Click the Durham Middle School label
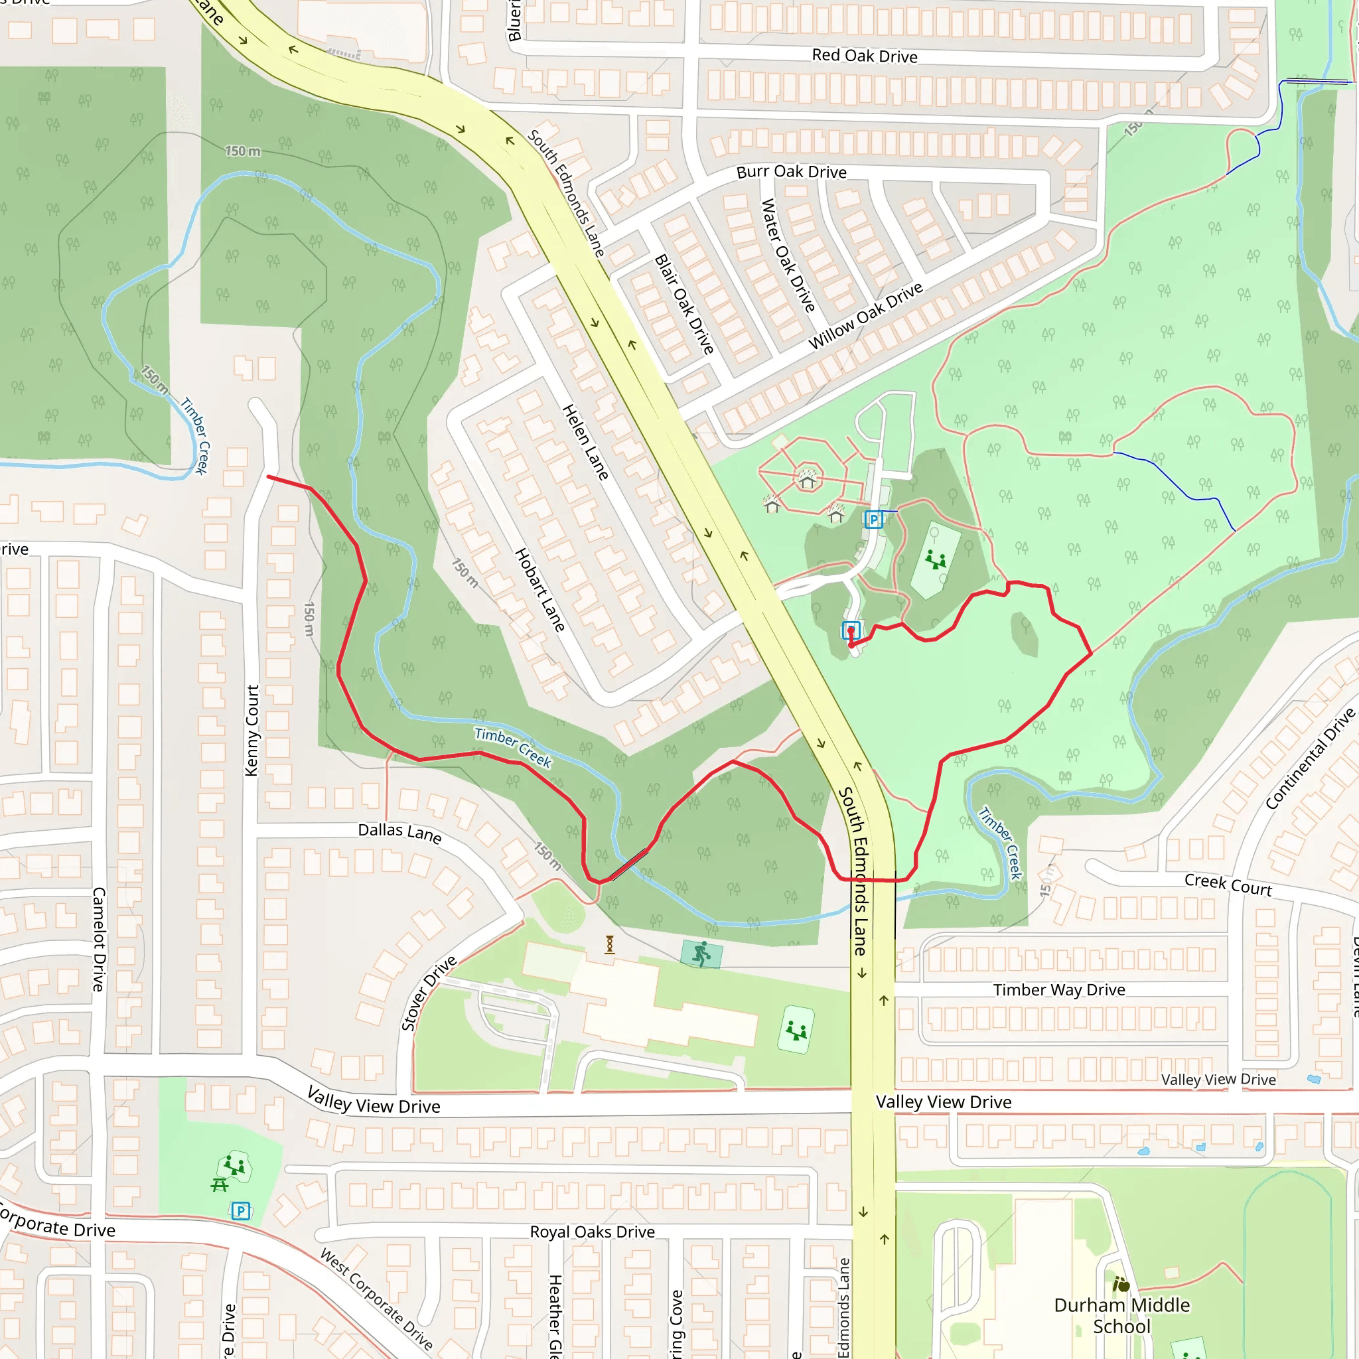point(1121,1315)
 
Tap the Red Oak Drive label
point(864,56)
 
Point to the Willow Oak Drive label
point(865,316)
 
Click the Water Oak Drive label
point(788,255)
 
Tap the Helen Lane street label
point(585,443)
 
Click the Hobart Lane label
point(539,589)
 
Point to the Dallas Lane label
point(399,832)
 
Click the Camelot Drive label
point(99,938)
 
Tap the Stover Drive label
point(429,993)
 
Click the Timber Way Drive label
point(1058,989)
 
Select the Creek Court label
point(1228,884)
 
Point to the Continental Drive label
point(1309,759)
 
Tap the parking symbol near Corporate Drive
point(241,1210)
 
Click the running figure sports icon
point(701,954)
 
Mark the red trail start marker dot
point(851,644)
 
